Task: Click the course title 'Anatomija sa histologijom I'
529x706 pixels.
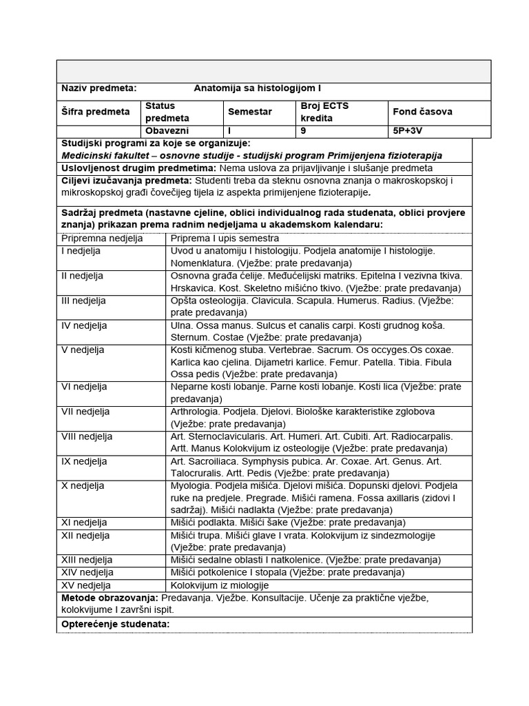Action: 257,89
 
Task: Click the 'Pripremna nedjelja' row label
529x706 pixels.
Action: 102,239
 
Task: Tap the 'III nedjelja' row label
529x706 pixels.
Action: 84,301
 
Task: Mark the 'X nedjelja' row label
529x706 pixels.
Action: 83,485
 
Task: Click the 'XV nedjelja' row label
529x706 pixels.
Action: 85,585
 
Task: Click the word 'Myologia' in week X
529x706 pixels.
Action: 191,485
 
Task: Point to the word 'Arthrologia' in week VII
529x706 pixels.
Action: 196,412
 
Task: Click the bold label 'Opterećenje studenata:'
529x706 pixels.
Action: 115,624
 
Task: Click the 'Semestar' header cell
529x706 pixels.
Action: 249,112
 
